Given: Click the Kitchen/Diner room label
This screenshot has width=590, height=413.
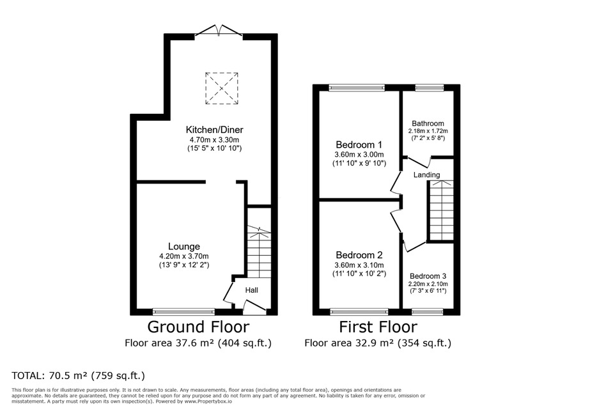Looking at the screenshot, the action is pyautogui.click(x=215, y=130).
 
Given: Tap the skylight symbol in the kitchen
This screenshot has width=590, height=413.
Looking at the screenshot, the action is pyautogui.click(x=222, y=88).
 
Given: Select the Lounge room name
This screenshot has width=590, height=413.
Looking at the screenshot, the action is pyautogui.click(x=184, y=247).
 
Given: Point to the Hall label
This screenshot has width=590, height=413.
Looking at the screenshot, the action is pyautogui.click(x=252, y=290).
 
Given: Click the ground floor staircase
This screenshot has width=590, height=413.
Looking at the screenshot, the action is pyautogui.click(x=259, y=252).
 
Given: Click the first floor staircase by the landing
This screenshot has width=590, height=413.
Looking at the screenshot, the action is pyautogui.click(x=441, y=210).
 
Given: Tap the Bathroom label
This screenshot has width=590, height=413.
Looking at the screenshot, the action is pyautogui.click(x=428, y=123).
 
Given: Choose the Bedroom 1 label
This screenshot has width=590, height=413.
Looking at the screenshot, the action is pyautogui.click(x=359, y=144).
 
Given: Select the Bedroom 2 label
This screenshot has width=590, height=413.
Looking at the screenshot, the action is pyautogui.click(x=359, y=255).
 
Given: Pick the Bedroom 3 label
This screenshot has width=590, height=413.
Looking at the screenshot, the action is pyautogui.click(x=428, y=276).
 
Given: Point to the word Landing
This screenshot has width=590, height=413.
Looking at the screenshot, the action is pyautogui.click(x=427, y=175).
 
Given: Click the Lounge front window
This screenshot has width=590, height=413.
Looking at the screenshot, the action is pyautogui.click(x=184, y=311).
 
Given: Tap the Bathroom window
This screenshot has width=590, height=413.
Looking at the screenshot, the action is pyautogui.click(x=430, y=88).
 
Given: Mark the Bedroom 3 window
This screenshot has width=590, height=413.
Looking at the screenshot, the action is pyautogui.click(x=428, y=311).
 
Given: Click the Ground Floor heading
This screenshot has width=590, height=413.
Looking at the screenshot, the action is pyautogui.click(x=198, y=327).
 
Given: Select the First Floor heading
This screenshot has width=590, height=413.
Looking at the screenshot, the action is pyautogui.click(x=378, y=327).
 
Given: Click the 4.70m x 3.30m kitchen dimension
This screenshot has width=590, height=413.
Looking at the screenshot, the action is pyautogui.click(x=215, y=140).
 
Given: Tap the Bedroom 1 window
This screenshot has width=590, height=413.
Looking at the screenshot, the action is pyautogui.click(x=357, y=88).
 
